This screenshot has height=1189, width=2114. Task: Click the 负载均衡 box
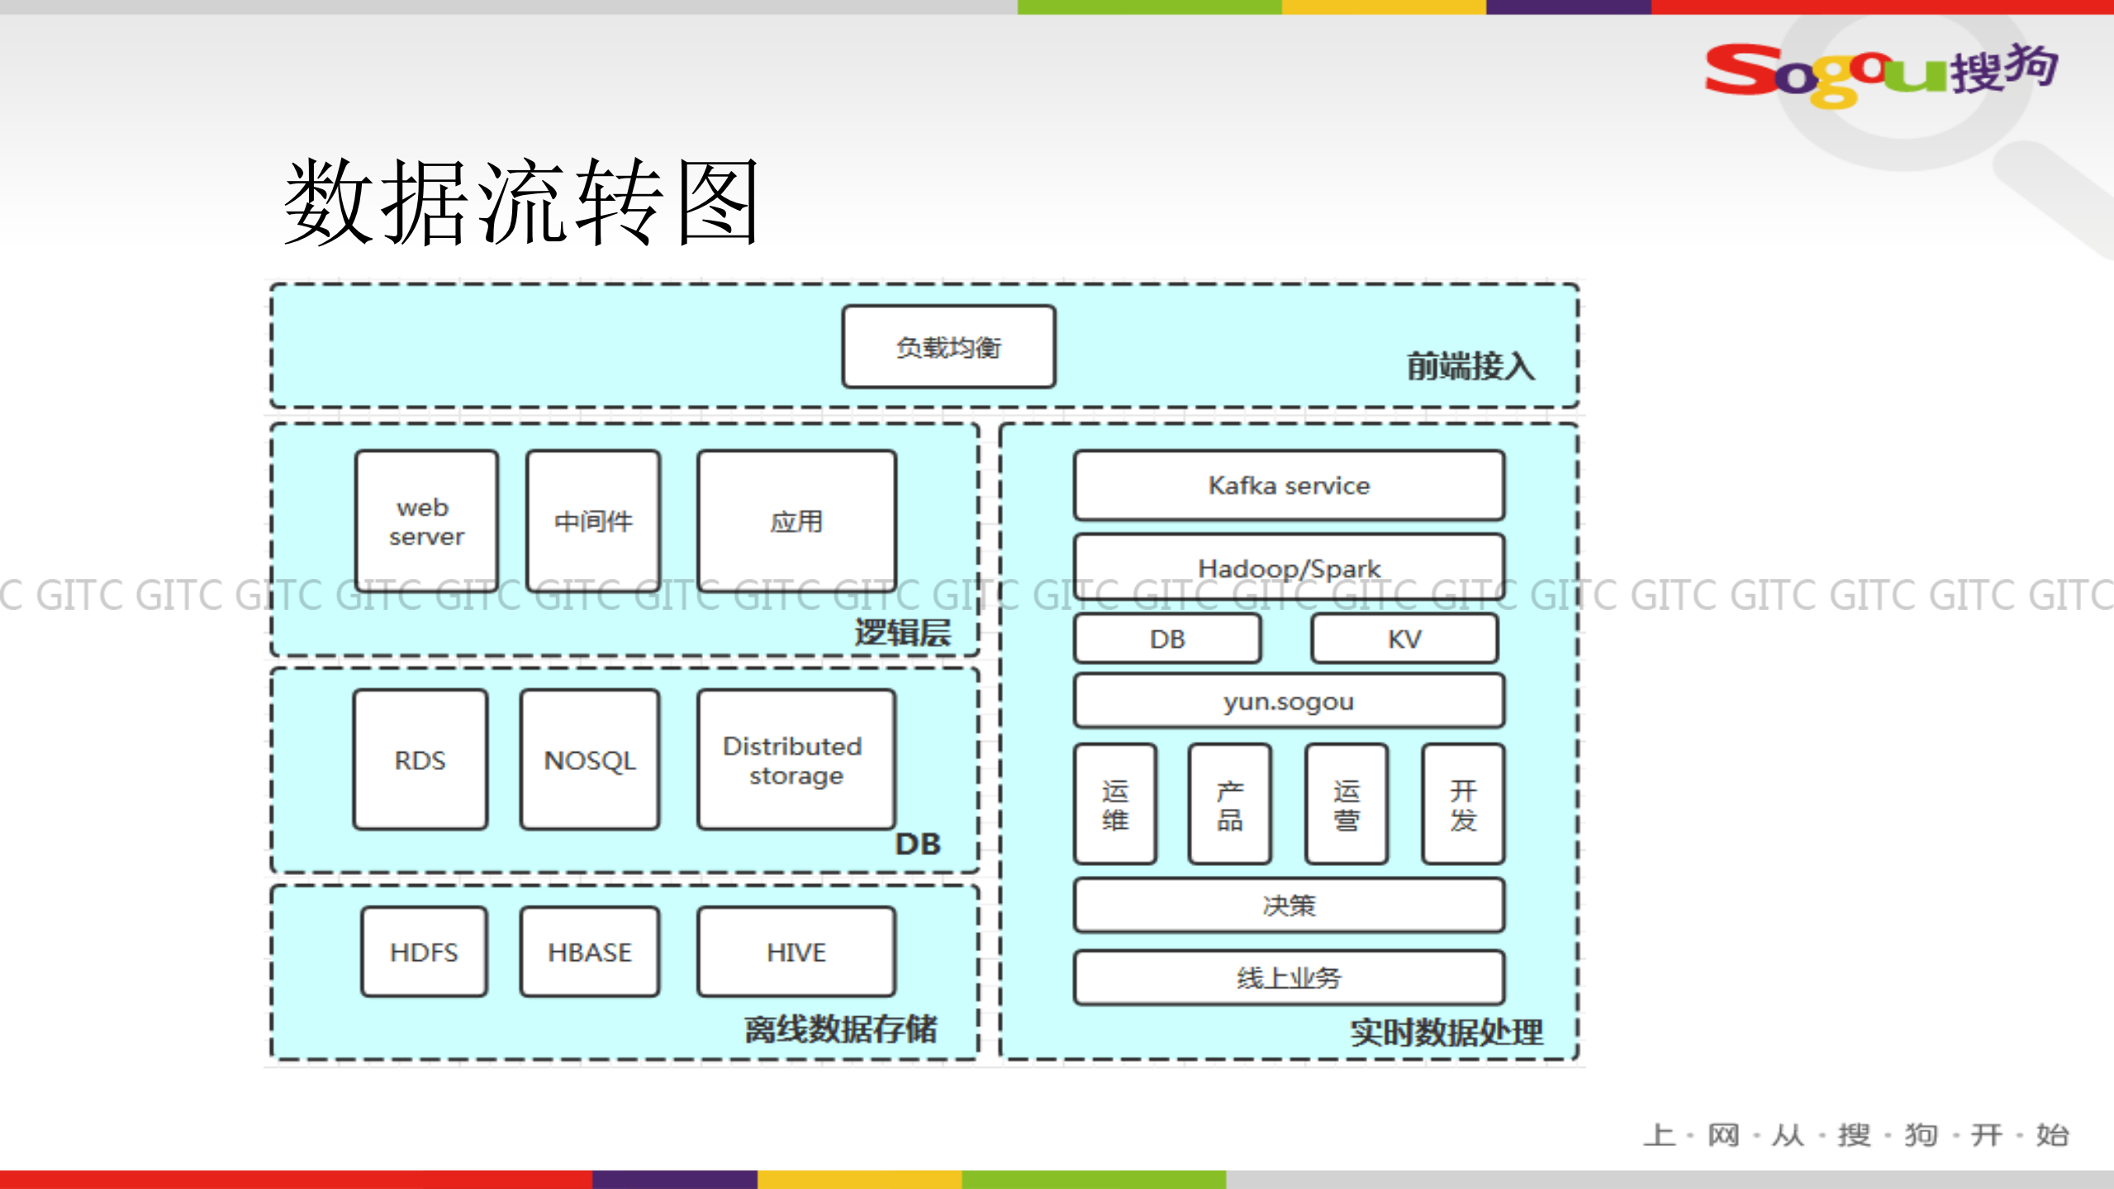(x=948, y=347)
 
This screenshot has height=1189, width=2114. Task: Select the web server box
(x=426, y=521)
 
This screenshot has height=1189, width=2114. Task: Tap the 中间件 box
(x=593, y=521)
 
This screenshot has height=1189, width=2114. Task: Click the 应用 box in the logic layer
(x=796, y=521)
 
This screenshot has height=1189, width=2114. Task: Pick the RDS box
(x=420, y=760)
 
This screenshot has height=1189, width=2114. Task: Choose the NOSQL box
(x=590, y=760)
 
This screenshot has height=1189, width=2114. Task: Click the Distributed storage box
(x=796, y=760)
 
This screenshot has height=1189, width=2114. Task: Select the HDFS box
(x=424, y=952)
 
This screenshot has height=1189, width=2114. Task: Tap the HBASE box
(x=590, y=952)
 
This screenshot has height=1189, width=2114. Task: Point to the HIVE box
(x=796, y=952)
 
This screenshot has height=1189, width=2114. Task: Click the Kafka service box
(x=1289, y=485)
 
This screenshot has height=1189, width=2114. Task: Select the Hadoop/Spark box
(x=1289, y=567)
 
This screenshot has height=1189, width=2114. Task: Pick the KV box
(x=1404, y=639)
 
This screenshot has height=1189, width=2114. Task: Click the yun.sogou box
(x=1289, y=702)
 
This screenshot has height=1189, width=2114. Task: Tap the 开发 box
(x=1463, y=804)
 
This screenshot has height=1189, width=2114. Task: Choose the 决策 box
(x=1289, y=906)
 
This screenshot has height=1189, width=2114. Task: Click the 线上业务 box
(x=1289, y=977)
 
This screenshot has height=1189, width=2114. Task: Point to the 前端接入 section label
(x=1470, y=366)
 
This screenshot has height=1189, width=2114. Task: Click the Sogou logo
(x=1880, y=73)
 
